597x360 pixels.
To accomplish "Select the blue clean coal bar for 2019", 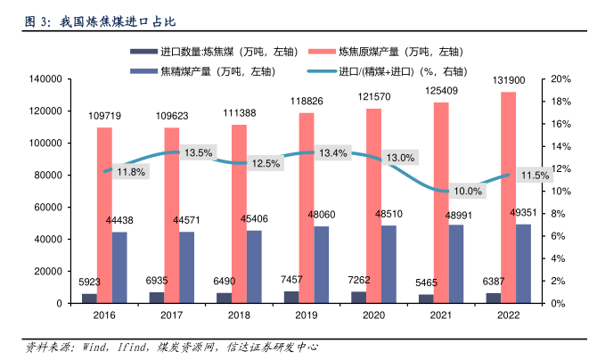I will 322,264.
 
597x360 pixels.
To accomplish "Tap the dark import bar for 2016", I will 89,298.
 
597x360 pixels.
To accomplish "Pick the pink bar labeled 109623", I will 171,215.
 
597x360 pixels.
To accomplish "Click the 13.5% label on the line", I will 198,153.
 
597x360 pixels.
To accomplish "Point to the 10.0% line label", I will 467,191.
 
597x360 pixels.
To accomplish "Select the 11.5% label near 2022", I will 535,176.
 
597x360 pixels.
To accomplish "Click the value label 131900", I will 508,81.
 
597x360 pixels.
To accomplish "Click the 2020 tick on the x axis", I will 373,315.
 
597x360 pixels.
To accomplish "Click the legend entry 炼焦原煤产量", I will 405,53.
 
